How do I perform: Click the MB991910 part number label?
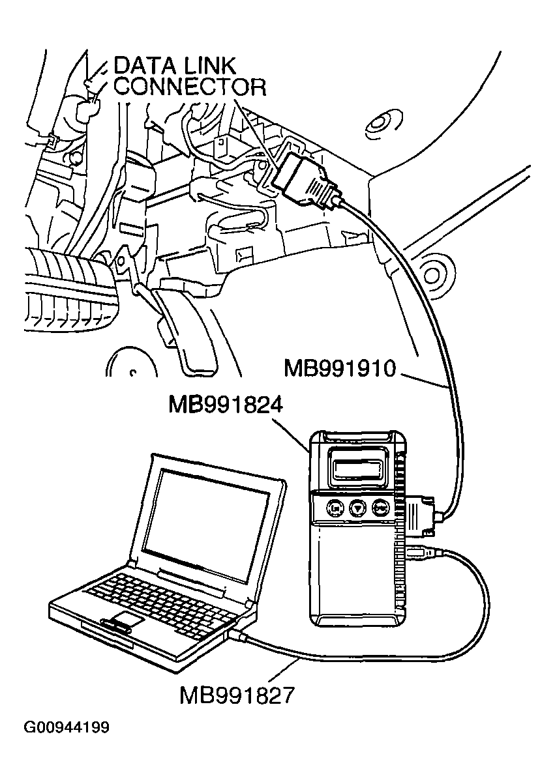tap(340, 369)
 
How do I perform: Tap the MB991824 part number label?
tap(226, 405)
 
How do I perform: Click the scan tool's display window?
tap(356, 465)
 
